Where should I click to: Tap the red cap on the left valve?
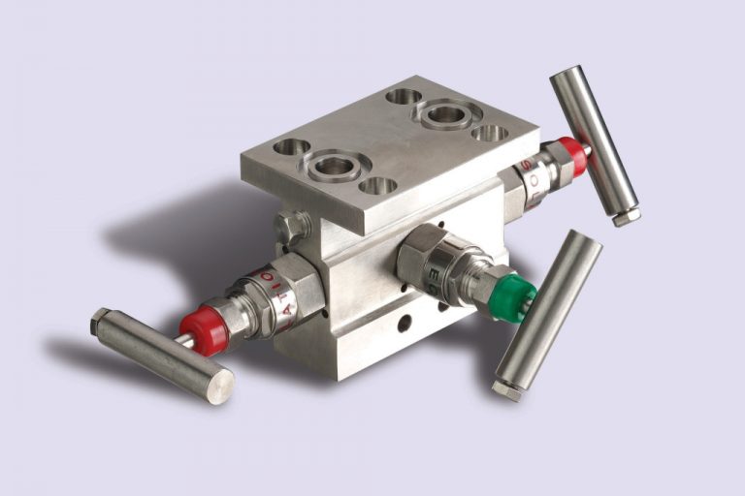[205, 328]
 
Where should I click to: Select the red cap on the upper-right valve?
[573, 156]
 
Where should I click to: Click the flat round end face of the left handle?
[220, 386]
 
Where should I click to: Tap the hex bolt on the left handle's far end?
[100, 321]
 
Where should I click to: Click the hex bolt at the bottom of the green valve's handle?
[506, 389]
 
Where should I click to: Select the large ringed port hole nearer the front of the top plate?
[332, 166]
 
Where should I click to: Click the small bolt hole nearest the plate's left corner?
[291, 147]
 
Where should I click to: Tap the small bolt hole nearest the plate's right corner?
[490, 132]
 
